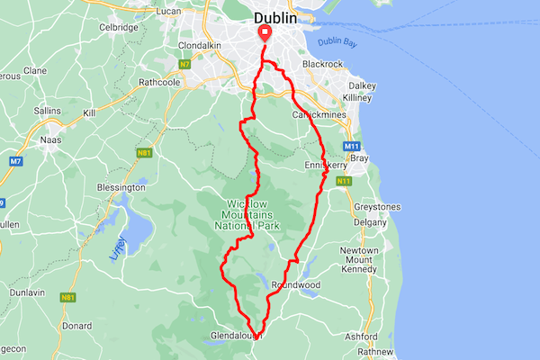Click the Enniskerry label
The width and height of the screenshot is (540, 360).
point(326,166)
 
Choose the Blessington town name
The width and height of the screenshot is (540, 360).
point(121,187)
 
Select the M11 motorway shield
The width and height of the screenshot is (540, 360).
point(351,146)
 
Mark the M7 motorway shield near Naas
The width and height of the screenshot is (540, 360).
point(15,161)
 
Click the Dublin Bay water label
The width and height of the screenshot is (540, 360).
point(337,41)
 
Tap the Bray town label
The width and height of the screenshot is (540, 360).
point(359,158)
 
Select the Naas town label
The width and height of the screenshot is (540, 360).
point(51,140)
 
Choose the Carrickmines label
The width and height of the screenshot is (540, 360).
point(319,115)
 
